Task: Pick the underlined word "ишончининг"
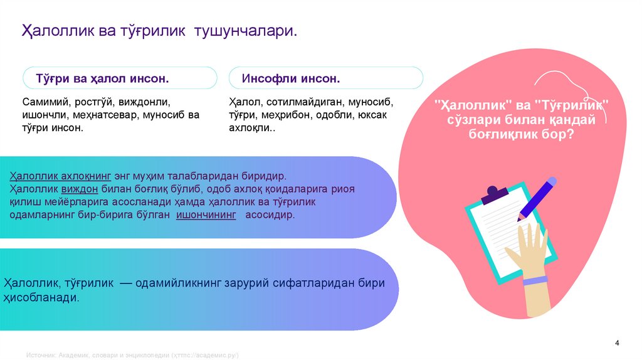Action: tap(206, 214)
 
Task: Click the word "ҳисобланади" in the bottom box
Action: tap(41, 298)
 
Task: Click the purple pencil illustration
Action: tap(539, 197)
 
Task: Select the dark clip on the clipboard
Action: tap(494, 194)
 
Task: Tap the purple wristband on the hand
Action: tap(535, 280)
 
